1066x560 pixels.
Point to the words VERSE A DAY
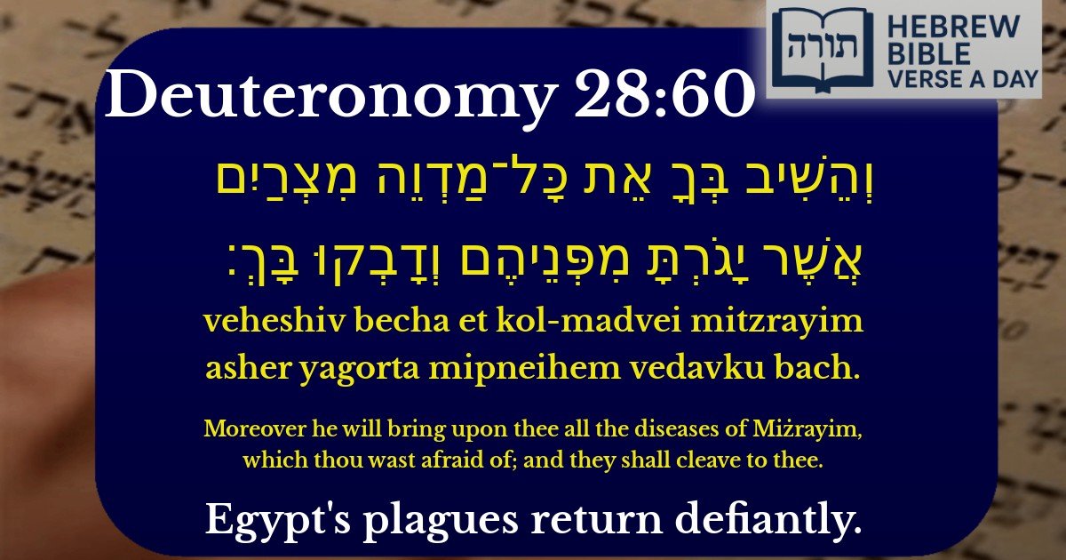point(964,78)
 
